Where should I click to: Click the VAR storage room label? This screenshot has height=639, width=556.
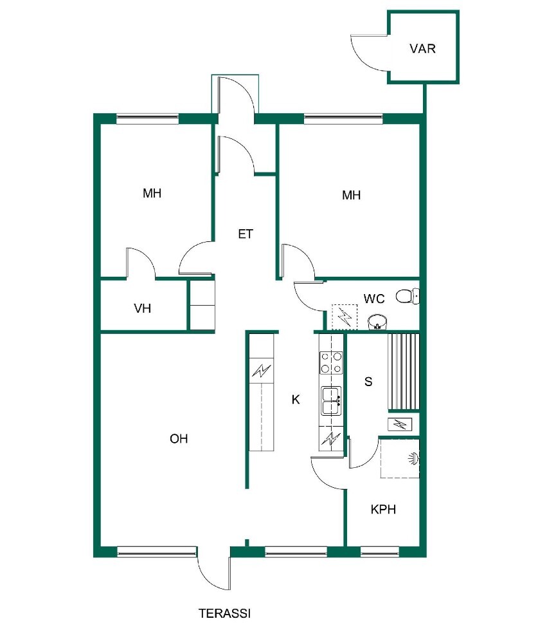point(422,48)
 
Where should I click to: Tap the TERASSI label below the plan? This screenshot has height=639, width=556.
point(225,613)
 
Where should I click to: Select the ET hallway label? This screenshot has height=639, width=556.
point(246,234)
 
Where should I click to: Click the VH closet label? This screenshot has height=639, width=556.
point(143,308)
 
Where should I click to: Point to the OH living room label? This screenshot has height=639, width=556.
point(179,438)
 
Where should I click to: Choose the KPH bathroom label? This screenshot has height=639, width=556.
point(383,509)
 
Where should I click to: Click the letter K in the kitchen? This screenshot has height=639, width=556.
point(296,400)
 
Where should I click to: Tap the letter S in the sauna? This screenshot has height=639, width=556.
point(368,382)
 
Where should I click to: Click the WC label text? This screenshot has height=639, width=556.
point(374,299)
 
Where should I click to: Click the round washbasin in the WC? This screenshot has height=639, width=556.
point(378,322)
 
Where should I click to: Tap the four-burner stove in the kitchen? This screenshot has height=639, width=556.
point(331,363)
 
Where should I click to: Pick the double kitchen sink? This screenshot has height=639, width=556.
point(331,401)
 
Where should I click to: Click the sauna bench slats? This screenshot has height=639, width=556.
point(404,372)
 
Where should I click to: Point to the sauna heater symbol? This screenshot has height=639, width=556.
point(400,425)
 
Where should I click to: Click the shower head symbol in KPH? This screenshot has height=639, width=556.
point(413,458)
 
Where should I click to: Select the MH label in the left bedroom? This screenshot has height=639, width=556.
point(152,193)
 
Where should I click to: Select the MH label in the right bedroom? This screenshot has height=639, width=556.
point(351,195)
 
